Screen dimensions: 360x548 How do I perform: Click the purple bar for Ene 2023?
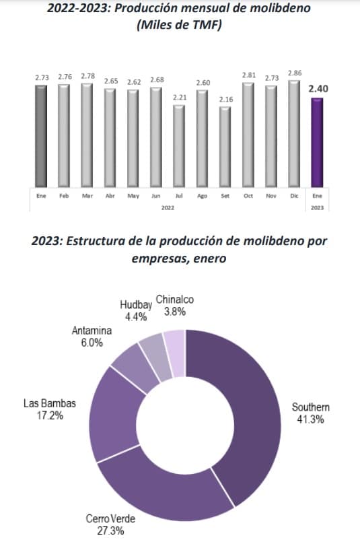coord(317,143)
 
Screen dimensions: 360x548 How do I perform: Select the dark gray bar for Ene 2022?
coord(41,136)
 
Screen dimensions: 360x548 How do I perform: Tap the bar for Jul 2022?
coord(179,146)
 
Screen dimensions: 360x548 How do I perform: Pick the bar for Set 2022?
coord(225,147)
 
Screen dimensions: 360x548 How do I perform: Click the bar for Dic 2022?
coord(294,134)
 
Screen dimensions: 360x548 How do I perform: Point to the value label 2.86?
coord(295,73)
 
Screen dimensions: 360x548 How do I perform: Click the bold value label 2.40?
coord(318,89)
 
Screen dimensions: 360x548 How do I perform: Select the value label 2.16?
coord(226,100)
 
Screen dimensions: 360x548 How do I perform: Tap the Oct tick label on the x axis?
coord(248,196)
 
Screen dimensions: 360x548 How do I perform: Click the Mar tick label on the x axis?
coord(87,196)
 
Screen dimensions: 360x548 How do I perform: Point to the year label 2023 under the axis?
coord(317,208)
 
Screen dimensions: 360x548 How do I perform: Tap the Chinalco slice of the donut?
coord(175,353)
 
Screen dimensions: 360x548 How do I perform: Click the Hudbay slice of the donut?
coord(156,357)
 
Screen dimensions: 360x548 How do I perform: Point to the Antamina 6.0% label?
coord(92,336)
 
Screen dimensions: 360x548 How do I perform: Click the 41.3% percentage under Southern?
coord(310,419)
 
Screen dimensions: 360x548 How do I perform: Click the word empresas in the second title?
coord(159,259)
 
